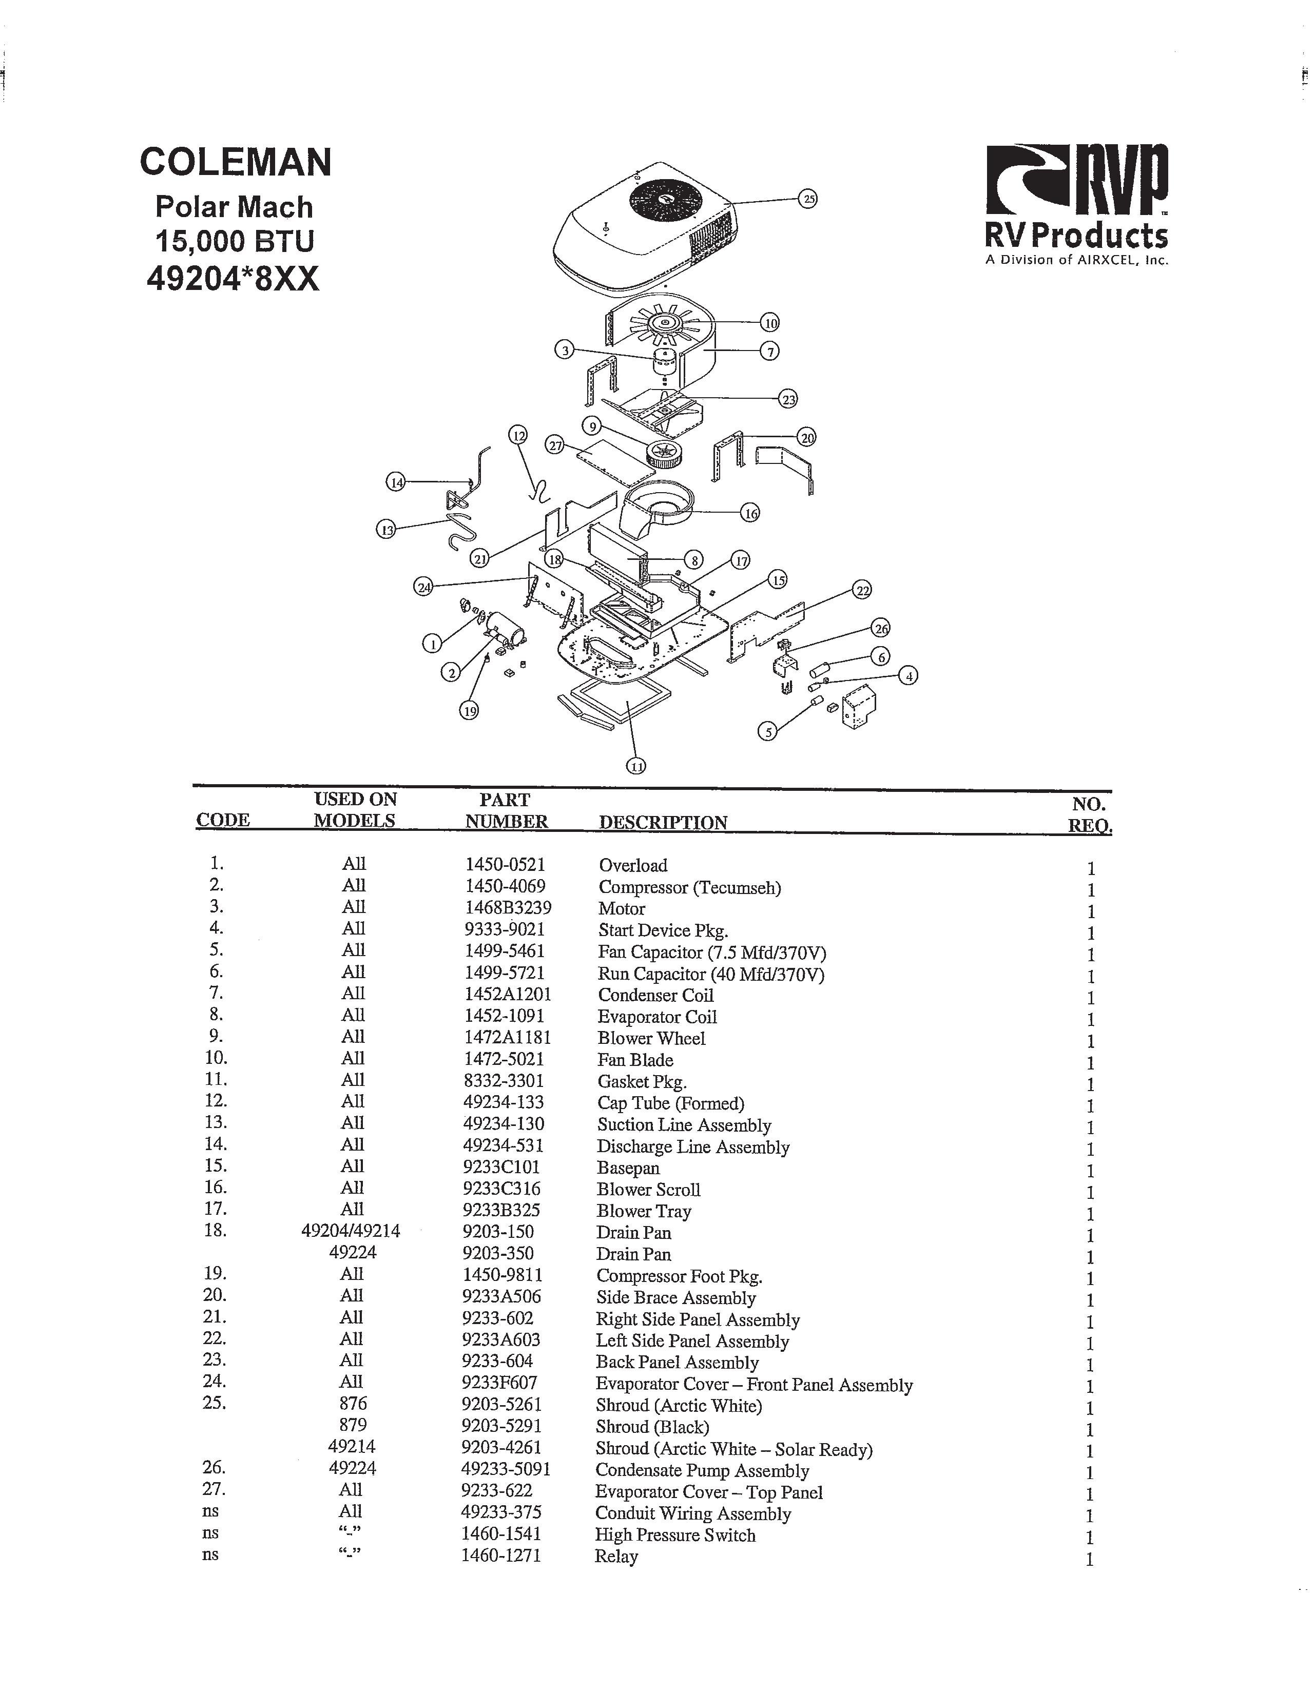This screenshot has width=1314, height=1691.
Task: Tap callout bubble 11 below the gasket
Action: pos(636,766)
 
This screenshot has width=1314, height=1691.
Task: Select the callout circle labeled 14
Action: pos(396,482)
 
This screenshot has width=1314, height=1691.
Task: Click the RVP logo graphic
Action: pos(1076,179)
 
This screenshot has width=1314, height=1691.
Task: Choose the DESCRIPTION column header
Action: pos(663,822)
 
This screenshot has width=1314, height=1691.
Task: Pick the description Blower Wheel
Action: pos(651,1038)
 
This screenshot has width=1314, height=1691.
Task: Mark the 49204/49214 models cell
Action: pos(350,1231)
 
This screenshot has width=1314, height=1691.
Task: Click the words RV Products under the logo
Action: pos(1076,236)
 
